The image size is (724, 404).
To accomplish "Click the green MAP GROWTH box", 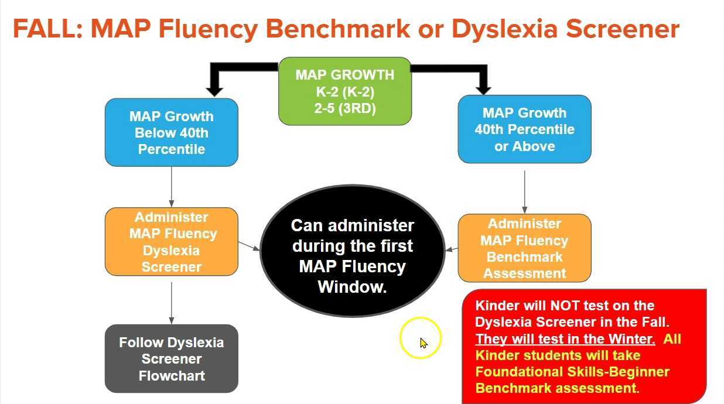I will click(x=344, y=91).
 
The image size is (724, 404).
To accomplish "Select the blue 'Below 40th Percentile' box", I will click(x=171, y=132).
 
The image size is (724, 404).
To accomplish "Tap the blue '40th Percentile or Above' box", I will click(x=524, y=129).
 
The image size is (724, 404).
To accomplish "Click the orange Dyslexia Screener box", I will click(x=171, y=241).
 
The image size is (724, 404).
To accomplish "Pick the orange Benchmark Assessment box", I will click(x=524, y=248).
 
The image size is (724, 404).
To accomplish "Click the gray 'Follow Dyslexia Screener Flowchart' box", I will click(x=171, y=358).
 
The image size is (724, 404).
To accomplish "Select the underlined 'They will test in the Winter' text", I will click(x=565, y=339).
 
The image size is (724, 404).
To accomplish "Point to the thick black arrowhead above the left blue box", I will click(x=215, y=89).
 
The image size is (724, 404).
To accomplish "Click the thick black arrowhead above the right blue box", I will click(x=483, y=88).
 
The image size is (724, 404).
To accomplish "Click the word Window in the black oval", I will click(x=352, y=287).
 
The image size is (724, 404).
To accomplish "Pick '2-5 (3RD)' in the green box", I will click(x=344, y=108).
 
